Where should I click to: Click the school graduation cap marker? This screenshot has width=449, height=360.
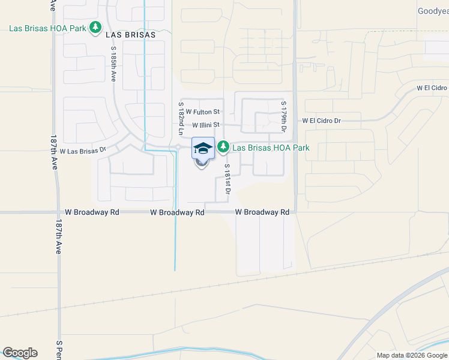(203, 148)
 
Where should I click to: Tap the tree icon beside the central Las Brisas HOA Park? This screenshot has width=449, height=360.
(223, 146)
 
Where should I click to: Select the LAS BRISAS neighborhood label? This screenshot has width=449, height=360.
(130, 35)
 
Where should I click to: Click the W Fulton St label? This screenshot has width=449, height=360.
(203, 112)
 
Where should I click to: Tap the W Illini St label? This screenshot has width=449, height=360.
(206, 125)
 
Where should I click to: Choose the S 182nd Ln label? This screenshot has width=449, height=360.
(180, 118)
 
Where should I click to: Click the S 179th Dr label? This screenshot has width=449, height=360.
(283, 116)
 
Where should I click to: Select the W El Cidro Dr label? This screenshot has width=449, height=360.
(321, 121)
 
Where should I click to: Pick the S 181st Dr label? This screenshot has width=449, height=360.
(228, 179)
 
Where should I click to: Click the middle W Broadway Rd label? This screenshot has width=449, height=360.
(177, 212)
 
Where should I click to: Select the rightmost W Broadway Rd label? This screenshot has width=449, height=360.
(262, 212)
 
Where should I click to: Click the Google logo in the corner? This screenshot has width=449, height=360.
(20, 353)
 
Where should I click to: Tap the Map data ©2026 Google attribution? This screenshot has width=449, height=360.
(412, 355)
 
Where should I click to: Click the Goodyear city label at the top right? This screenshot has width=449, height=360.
(433, 11)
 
